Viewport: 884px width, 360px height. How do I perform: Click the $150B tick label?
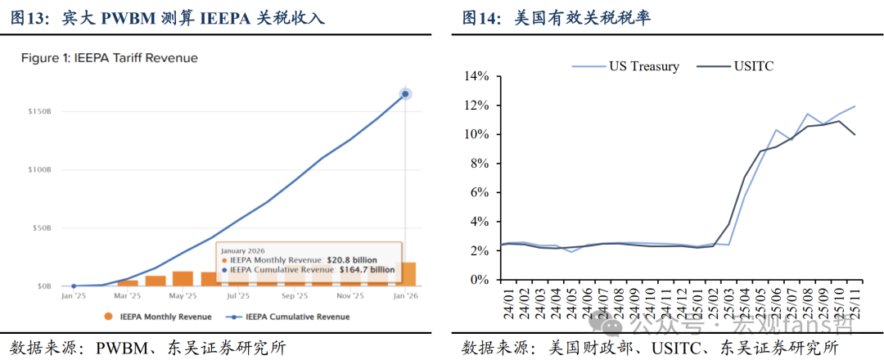[39, 111]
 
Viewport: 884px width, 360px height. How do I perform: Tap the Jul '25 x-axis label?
[237, 295]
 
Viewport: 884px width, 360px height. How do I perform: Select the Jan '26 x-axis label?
[406, 295]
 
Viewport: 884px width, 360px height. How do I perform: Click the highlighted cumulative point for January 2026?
[405, 94]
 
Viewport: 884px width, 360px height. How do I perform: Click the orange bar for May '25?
[183, 278]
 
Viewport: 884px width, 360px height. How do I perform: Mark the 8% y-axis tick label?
[479, 164]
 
